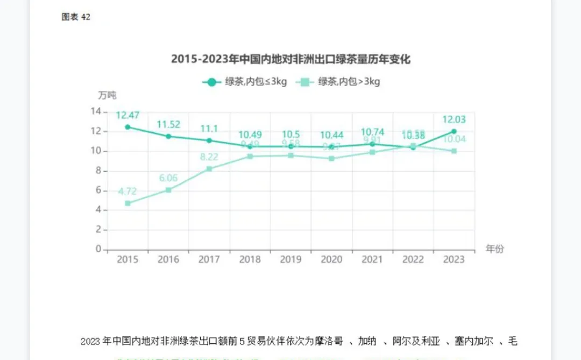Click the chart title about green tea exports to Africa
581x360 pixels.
(x=290, y=59)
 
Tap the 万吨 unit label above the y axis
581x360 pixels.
(x=107, y=96)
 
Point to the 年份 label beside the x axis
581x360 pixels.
(x=495, y=249)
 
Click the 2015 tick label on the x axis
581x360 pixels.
(x=127, y=260)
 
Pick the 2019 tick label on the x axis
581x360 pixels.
(x=290, y=260)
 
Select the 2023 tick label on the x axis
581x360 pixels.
(x=454, y=260)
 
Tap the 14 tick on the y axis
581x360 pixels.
(x=96, y=111)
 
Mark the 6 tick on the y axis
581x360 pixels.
(x=98, y=190)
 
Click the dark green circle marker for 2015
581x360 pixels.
(x=127, y=127)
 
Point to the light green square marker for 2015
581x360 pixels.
(x=127, y=203)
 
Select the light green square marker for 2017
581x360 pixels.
(x=209, y=169)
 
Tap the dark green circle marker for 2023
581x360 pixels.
(x=454, y=131)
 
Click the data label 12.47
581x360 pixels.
(x=127, y=115)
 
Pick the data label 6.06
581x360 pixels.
(x=168, y=178)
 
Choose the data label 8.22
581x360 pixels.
(x=209, y=157)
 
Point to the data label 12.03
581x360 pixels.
(x=454, y=119)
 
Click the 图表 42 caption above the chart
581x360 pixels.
(x=76, y=17)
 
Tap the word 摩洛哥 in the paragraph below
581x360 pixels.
(x=328, y=341)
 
